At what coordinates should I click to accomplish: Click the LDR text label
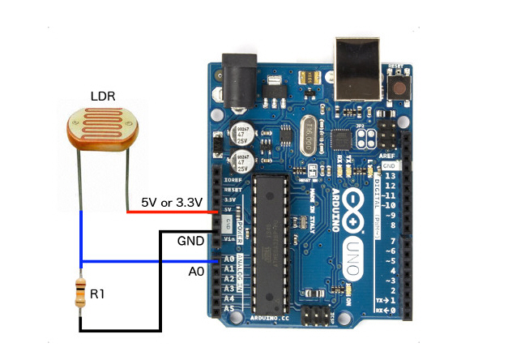coord(102,96)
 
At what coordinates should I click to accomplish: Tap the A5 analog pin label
coord(228,310)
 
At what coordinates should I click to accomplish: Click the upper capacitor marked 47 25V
coord(242,133)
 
